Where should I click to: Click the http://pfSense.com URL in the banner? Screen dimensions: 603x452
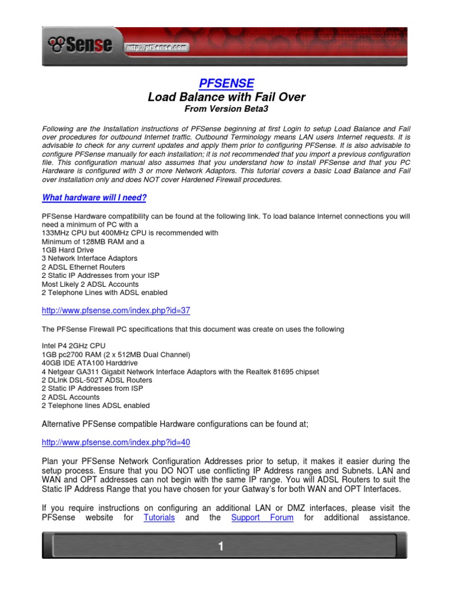(x=156, y=47)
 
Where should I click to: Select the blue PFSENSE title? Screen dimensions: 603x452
(x=226, y=84)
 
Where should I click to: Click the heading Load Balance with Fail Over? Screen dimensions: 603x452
(x=226, y=97)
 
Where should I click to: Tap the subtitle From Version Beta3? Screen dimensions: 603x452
(x=226, y=109)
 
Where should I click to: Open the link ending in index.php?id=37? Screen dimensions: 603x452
(x=116, y=310)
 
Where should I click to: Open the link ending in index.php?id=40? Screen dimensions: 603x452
(x=116, y=442)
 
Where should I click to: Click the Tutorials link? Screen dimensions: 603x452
(x=159, y=518)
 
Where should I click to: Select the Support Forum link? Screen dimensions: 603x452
(x=262, y=518)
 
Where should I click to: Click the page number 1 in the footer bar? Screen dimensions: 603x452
(x=221, y=547)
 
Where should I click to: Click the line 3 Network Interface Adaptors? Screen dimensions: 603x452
(x=89, y=259)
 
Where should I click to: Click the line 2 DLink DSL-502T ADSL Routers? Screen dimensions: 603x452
(x=97, y=380)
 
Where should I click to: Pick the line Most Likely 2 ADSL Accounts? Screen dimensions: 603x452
(x=90, y=284)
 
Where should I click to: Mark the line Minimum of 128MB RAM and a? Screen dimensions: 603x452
(x=93, y=241)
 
